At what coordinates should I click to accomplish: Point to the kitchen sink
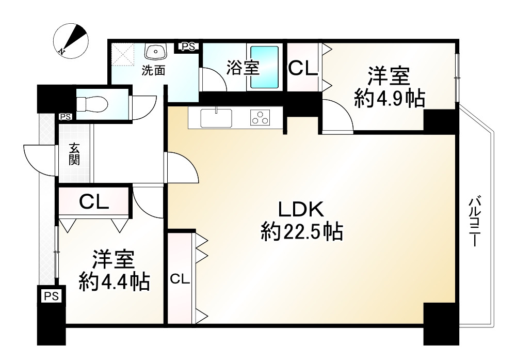click(216, 118)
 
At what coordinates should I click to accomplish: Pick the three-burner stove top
click(260, 118)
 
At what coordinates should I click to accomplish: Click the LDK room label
click(301, 209)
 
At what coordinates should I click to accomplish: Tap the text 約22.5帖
click(302, 232)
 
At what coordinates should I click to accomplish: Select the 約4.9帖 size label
click(389, 98)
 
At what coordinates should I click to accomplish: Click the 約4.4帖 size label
click(114, 281)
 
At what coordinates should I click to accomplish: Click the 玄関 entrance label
click(74, 153)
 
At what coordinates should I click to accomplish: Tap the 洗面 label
click(154, 71)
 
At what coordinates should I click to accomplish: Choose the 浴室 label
click(241, 68)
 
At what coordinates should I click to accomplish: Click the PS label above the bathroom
click(188, 47)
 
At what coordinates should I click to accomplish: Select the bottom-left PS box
click(52, 296)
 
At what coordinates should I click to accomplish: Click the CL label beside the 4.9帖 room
click(302, 69)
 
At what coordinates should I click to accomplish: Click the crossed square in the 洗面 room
click(124, 54)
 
